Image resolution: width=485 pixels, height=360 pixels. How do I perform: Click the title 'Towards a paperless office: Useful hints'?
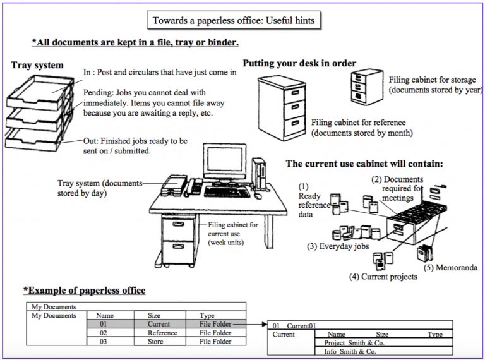click(233, 20)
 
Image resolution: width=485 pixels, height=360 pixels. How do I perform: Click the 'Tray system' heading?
click(37, 65)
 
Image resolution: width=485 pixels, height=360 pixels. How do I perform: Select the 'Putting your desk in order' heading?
click(299, 63)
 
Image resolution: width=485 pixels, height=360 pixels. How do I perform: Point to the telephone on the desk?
click(195, 186)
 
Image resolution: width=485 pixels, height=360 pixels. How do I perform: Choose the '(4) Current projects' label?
click(383, 277)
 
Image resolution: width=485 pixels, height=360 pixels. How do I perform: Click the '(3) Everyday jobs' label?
click(338, 246)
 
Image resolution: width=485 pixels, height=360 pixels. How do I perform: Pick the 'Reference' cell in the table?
click(162, 333)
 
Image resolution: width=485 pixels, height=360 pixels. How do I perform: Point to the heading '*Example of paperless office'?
click(85, 291)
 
